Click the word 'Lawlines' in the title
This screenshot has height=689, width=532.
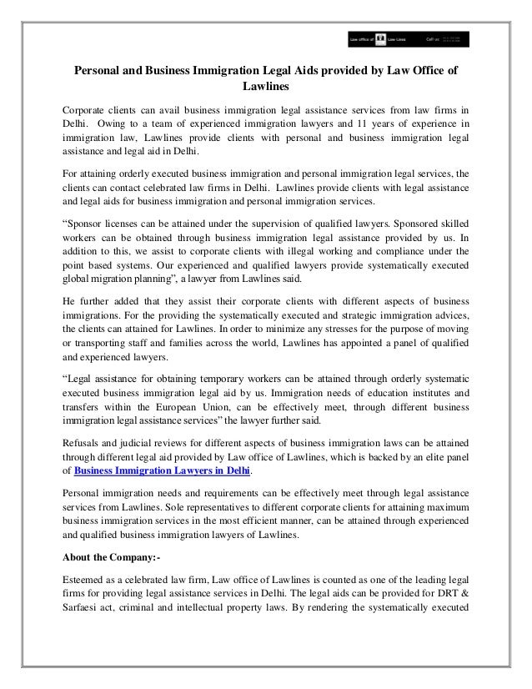(x=265, y=86)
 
